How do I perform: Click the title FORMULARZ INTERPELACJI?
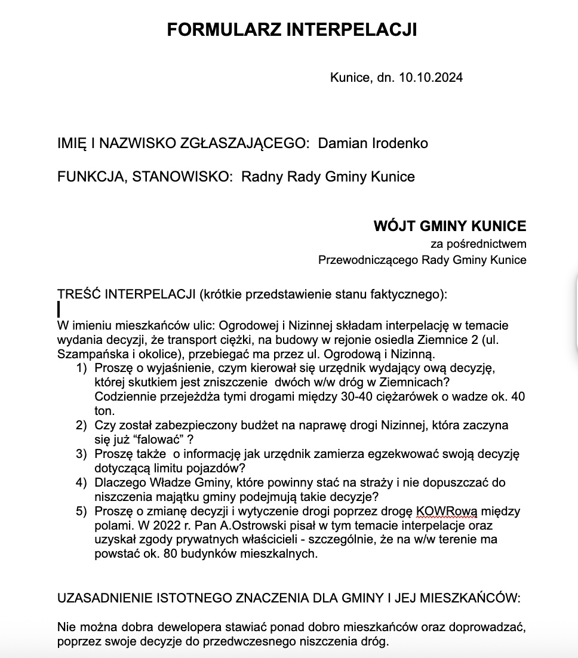(x=291, y=30)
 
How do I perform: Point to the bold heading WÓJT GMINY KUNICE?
(x=450, y=226)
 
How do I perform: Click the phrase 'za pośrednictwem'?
(x=478, y=244)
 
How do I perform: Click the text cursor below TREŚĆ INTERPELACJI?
(x=59, y=309)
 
